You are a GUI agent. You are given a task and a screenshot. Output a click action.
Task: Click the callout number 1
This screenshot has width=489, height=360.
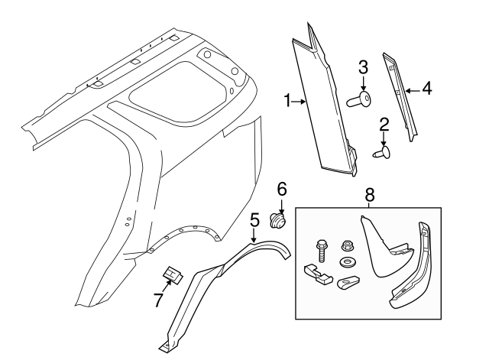coord(287,100)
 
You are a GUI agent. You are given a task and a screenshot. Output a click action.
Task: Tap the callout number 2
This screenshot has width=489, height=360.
coord(384,123)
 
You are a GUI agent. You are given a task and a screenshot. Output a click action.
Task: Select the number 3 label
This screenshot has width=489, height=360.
coord(363,66)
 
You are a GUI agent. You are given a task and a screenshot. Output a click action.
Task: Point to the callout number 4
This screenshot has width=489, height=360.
coord(426,89)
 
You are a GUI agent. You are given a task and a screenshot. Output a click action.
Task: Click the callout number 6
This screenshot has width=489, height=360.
coord(281,187)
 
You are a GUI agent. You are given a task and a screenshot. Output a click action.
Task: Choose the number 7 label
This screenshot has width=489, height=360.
coord(158,300)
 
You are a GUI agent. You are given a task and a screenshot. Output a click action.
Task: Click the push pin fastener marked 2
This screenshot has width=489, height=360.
coord(382,154)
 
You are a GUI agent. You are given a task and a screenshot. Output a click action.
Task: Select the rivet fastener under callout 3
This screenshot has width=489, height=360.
coord(359,99)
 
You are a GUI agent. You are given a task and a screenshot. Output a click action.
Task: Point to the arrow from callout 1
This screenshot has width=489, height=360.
coord(300,100)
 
